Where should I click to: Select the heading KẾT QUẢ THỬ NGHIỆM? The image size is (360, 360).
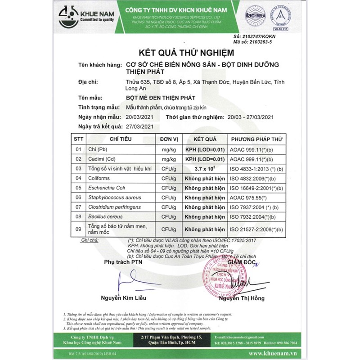coord(180,53)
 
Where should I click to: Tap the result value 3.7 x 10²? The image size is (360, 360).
coord(205,169)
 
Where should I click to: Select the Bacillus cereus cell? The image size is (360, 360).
coord(106,216)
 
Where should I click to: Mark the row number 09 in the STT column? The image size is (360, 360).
coord(79,229)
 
